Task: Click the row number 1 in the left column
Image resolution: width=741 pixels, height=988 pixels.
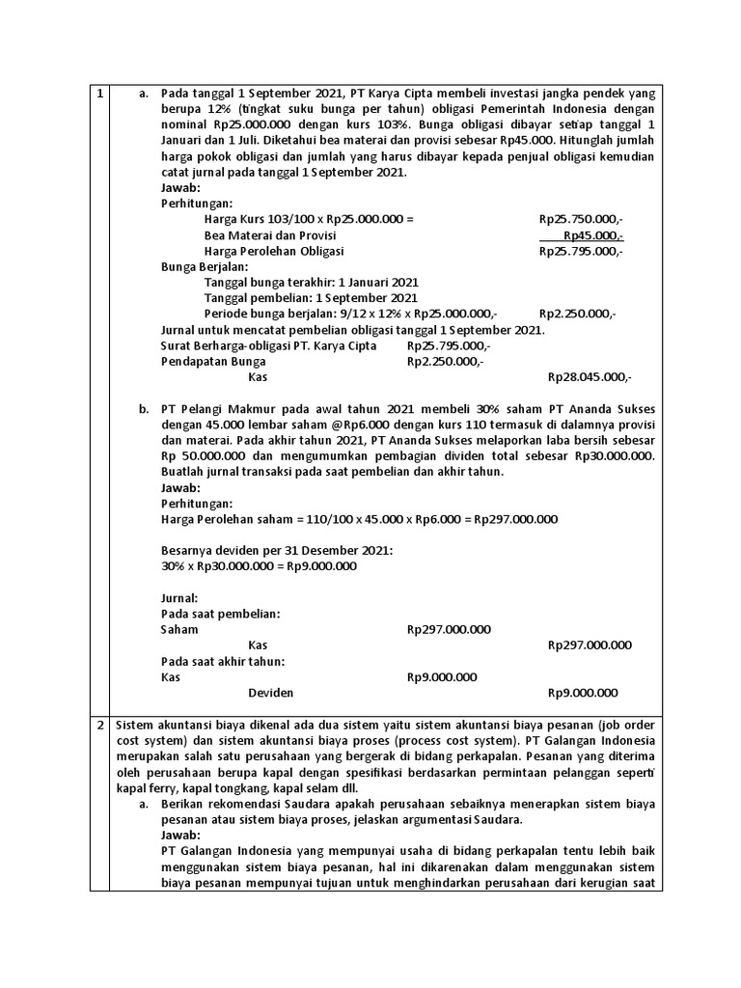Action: [x=100, y=93]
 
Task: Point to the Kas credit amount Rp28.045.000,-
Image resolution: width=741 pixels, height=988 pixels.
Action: [x=590, y=377]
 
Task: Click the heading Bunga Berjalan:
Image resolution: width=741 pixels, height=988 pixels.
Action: [x=204, y=266]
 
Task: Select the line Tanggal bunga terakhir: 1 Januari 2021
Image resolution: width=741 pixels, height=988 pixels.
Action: [x=312, y=282]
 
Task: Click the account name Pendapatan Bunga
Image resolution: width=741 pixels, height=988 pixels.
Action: [x=212, y=361]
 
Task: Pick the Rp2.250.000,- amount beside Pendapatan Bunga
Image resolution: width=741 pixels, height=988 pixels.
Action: [x=446, y=361]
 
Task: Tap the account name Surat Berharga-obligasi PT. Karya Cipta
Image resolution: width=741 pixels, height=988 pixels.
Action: [x=268, y=345]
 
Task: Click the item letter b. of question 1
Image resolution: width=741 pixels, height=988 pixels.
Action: [x=145, y=409]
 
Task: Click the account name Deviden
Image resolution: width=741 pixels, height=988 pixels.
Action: [x=271, y=693]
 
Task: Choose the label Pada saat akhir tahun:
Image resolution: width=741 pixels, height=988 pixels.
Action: [x=223, y=661]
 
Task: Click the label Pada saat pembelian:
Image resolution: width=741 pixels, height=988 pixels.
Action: [x=220, y=614]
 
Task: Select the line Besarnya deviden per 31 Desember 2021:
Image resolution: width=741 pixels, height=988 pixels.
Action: [x=277, y=550]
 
